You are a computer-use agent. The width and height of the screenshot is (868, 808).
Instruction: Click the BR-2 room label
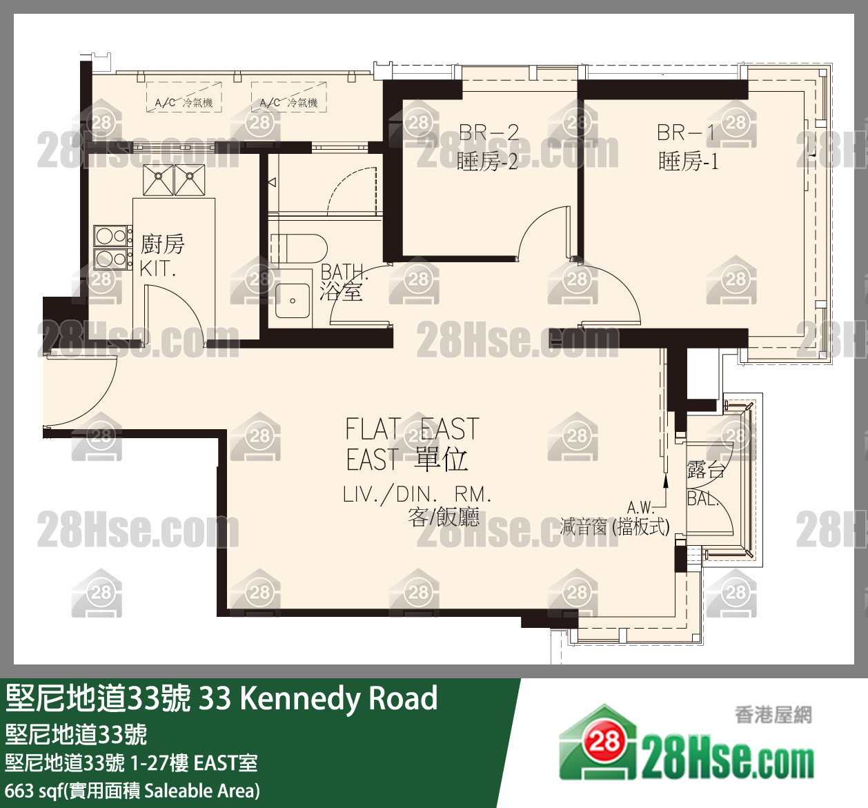[489, 132]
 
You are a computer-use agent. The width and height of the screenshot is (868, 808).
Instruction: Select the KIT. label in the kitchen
[157, 269]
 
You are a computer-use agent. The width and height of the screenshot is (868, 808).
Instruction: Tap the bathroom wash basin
[293, 301]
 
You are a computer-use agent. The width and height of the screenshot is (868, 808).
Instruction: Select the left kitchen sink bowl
[158, 179]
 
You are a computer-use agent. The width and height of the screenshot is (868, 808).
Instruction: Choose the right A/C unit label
[288, 103]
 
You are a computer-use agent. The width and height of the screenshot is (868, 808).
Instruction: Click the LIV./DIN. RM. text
[417, 494]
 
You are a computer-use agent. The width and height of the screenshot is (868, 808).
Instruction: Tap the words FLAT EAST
[411, 429]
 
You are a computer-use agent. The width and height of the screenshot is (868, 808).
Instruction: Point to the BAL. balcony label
[702, 498]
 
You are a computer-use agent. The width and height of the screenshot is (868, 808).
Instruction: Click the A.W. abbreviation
[640, 509]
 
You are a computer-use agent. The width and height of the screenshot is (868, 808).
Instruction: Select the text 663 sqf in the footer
[33, 790]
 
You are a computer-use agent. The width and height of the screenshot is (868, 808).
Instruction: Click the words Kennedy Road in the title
[338, 698]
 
